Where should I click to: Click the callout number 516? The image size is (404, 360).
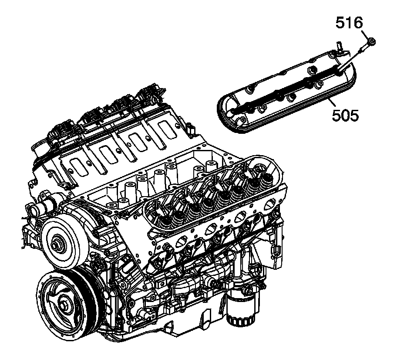[x=349, y=22]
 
